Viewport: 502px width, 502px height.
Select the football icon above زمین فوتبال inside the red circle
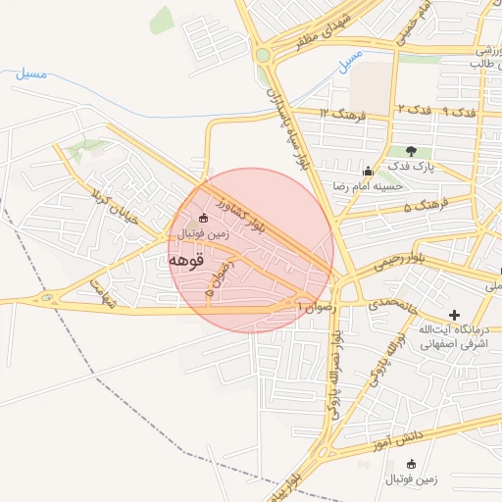[x=203, y=218]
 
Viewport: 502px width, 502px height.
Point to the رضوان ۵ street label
[x=219, y=277]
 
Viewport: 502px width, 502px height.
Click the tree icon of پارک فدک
[x=410, y=151]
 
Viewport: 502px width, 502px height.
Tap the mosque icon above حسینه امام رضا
[x=368, y=172]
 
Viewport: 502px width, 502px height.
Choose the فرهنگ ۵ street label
[x=425, y=205]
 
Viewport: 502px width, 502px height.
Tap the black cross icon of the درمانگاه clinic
[x=453, y=313]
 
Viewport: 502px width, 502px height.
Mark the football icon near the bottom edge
[x=410, y=464]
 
